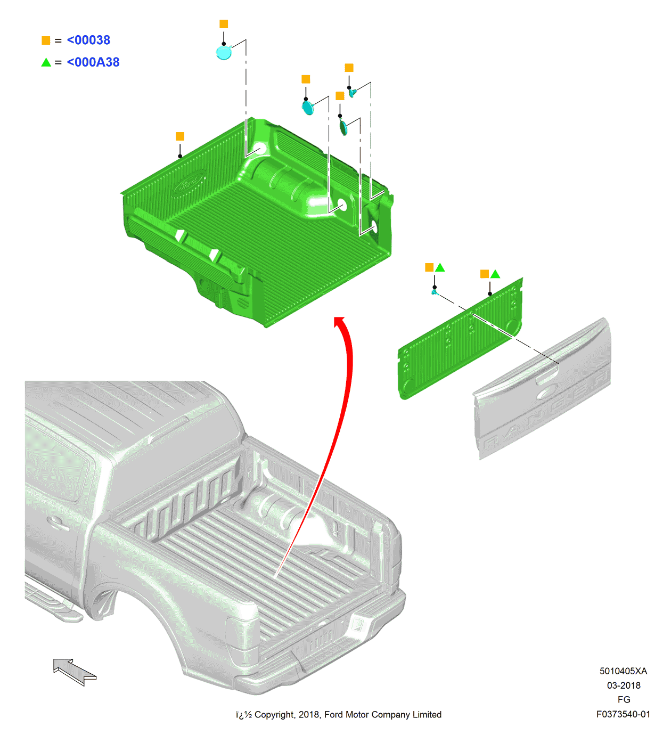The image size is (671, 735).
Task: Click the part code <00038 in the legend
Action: (88, 40)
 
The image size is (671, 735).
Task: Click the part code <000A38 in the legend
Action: (93, 62)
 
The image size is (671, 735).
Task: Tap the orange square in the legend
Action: (46, 40)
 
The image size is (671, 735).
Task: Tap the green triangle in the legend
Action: (46, 62)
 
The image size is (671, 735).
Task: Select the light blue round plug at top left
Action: (224, 52)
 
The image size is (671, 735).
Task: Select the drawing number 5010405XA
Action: (623, 671)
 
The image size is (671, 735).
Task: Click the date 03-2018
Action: (624, 685)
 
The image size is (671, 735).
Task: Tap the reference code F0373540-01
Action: (623, 714)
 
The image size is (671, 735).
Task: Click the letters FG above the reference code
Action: (624, 699)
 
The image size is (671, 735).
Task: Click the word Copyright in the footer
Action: (274, 715)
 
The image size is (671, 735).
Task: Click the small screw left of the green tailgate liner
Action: (435, 292)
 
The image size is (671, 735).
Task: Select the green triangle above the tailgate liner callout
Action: (495, 274)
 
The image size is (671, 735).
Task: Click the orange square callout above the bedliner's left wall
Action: (180, 136)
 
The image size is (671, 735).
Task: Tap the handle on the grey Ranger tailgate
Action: (547, 379)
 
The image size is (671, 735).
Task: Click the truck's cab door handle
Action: (58, 522)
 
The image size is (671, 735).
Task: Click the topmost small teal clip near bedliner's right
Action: (353, 93)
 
